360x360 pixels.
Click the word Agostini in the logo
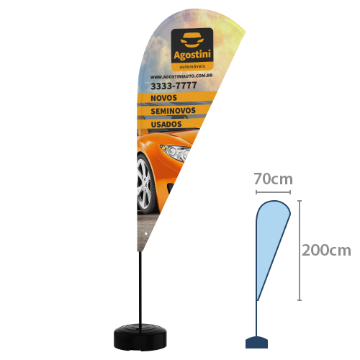point(192,55)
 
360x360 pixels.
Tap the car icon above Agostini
point(192,40)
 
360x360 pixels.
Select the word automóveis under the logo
point(192,66)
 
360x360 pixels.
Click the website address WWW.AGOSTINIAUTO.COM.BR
point(181,76)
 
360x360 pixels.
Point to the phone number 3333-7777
point(174,86)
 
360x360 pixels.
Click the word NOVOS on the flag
point(163,98)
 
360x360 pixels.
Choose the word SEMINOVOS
point(173,111)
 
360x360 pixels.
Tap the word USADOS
point(166,124)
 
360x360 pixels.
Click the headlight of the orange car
point(176,153)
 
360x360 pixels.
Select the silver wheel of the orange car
point(145,184)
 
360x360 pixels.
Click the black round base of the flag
point(140,336)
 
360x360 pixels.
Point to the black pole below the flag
point(140,288)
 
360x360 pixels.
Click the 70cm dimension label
point(274,179)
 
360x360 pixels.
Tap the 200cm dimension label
point(326,251)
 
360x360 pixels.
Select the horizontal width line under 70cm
point(273,192)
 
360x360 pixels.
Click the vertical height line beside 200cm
point(300,251)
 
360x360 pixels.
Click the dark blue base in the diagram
point(256,343)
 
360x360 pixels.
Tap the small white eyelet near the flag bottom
point(146,233)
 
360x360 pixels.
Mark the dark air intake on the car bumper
point(171,187)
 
